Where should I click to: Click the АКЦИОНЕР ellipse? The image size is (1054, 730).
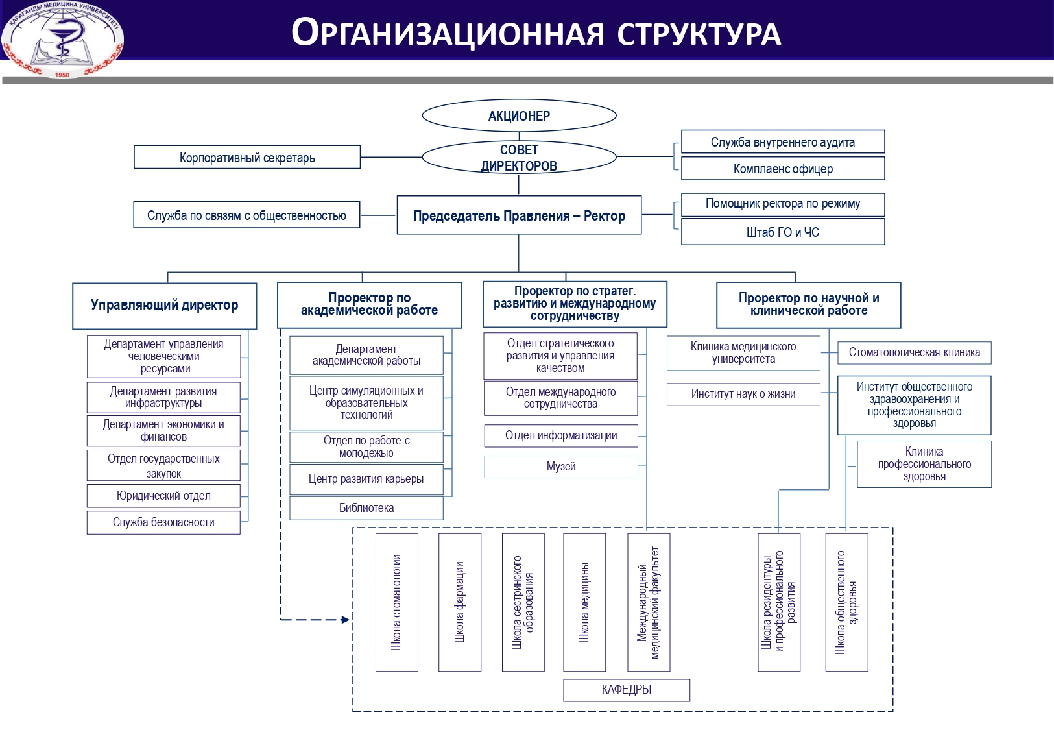519,116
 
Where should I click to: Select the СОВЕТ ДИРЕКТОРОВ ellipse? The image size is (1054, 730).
519,158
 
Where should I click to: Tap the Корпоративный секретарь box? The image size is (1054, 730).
247,158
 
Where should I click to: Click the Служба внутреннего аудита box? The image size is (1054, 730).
783,142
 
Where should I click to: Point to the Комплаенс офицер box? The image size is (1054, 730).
783,169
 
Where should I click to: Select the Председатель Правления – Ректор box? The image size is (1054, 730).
519,215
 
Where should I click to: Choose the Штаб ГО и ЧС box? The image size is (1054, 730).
783,232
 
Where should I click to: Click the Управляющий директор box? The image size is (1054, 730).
164,305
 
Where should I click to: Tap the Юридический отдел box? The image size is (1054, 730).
163,496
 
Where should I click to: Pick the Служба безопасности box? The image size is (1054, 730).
163,522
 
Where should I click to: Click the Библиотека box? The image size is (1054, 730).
366,508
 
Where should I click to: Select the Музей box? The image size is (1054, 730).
561,467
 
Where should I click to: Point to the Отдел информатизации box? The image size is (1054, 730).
561,435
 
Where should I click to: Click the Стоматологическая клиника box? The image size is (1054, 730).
914,352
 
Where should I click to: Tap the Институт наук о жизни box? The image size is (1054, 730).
743,394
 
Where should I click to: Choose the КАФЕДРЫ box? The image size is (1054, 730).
627,690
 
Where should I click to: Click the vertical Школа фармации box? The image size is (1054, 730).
460,602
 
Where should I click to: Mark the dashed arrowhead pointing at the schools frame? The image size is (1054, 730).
345,620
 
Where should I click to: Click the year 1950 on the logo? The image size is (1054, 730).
62,75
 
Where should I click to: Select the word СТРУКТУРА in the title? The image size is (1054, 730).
699,34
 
